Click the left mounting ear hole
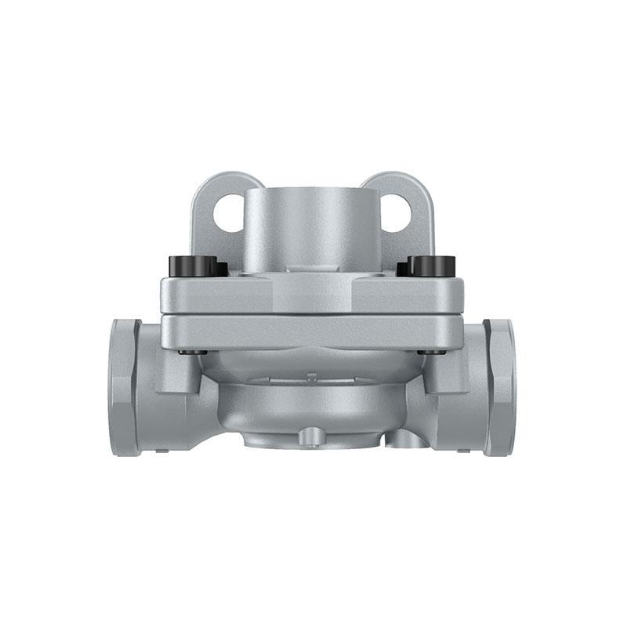point(229,212)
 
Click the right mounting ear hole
point(396,212)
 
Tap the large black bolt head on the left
point(193,266)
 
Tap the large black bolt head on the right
point(433,266)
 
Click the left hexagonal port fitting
point(125,387)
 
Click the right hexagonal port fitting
point(499,387)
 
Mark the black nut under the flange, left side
point(193,352)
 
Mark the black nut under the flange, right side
point(431,352)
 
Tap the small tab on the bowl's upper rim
point(312,377)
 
